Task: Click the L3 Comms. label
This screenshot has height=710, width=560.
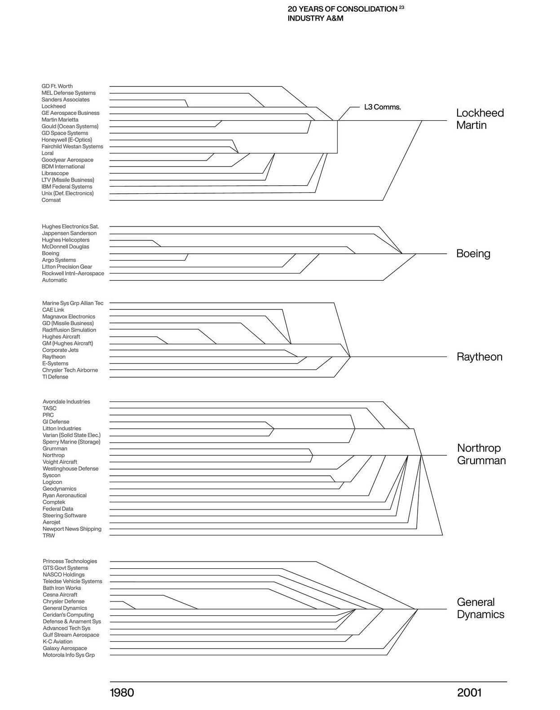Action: (382, 107)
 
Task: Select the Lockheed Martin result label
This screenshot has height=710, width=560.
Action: (480, 119)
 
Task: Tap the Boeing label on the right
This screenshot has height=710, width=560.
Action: (473, 253)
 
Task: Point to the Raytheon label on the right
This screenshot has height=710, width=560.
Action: (479, 357)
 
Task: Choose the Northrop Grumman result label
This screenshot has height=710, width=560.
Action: (481, 454)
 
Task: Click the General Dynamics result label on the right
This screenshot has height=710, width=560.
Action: (480, 608)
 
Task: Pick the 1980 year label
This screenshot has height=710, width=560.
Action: (122, 693)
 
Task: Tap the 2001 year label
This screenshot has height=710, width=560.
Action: (469, 693)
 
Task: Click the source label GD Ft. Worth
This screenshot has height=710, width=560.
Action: (57, 86)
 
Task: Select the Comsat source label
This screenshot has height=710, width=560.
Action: (51, 200)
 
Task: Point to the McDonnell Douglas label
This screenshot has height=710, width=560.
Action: (66, 247)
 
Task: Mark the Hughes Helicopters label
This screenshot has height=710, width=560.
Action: (66, 240)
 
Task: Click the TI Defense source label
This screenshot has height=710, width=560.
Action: (55, 377)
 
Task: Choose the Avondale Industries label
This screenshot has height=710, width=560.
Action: (66, 402)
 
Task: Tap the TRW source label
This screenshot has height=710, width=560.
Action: (49, 536)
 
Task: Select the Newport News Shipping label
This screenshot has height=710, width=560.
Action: (72, 529)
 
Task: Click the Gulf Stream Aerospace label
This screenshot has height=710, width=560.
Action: (71, 635)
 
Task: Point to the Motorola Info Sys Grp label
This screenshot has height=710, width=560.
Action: (69, 655)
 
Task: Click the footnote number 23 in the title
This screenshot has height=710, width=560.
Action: (401, 7)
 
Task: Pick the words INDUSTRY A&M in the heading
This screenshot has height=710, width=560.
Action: (315, 19)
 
